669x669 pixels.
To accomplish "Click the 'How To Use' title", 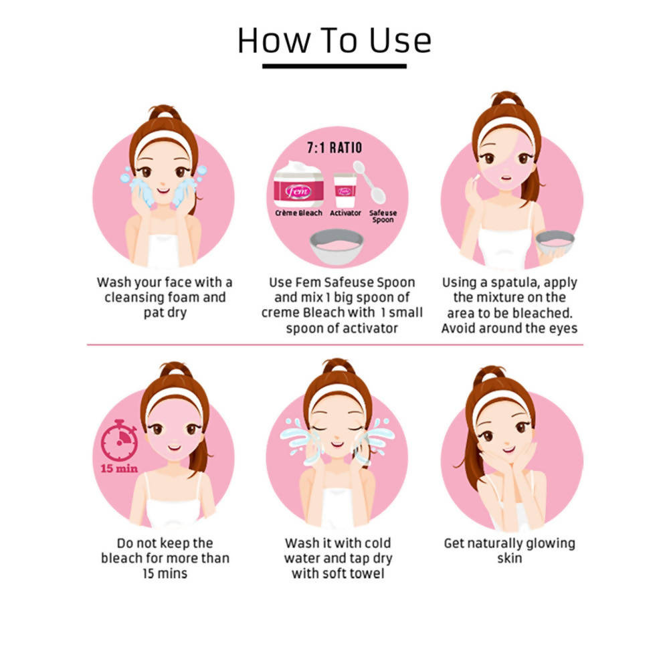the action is [x=334, y=41].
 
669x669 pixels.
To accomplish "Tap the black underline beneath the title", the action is [x=334, y=66].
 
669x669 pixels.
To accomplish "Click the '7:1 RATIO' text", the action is [x=334, y=148].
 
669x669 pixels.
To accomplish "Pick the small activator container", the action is [x=345, y=190].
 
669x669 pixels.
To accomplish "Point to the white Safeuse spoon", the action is [x=369, y=182].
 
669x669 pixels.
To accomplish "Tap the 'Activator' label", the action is [x=345, y=213].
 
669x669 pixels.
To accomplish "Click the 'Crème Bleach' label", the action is [x=298, y=213].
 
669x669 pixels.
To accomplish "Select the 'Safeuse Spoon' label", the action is [x=383, y=216].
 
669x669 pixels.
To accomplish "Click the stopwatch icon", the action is [x=120, y=440].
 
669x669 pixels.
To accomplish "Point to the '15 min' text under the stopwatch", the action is [x=119, y=468].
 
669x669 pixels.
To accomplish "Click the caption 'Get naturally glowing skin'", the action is [x=509, y=551].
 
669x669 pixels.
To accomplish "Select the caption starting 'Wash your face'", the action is [x=165, y=298].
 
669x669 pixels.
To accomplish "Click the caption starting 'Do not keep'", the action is [x=165, y=558].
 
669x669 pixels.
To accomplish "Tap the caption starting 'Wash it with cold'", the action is [x=338, y=558].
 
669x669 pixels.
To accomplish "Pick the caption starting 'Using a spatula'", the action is [x=509, y=305].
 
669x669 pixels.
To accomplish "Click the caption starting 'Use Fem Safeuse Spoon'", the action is [x=342, y=305].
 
